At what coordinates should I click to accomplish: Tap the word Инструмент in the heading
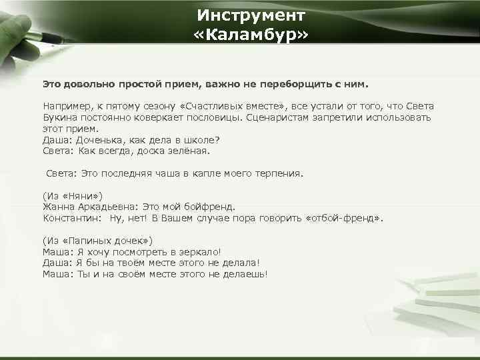coord(251,14)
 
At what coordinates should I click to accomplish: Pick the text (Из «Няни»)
coord(73,195)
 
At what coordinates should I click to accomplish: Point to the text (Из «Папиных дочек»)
coord(98,240)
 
